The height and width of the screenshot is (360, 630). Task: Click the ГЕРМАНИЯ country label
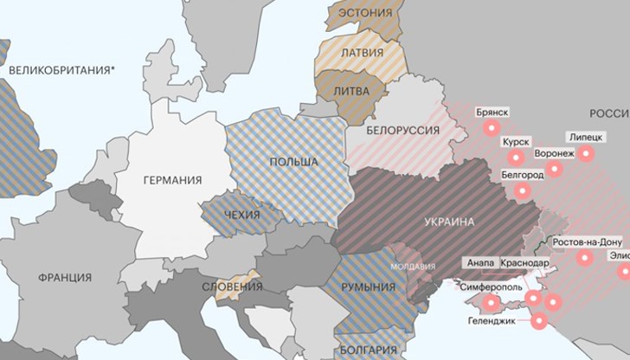coord(172,180)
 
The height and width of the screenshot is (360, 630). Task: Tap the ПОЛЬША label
coord(292,162)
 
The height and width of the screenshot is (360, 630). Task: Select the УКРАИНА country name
coord(449,222)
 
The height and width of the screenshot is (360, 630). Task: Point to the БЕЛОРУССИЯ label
coord(403,131)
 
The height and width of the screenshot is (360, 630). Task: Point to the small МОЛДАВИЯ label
coord(413,267)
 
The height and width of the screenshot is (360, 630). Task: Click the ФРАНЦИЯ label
coord(65,278)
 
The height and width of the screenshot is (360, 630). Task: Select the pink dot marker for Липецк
coord(588,154)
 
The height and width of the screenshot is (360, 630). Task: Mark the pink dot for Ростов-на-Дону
coord(588,257)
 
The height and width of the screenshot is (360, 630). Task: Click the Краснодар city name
coord(524,263)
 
